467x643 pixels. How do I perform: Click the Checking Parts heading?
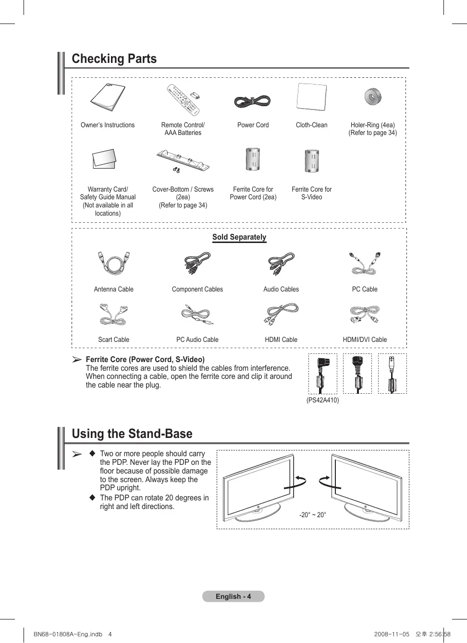pos(114,59)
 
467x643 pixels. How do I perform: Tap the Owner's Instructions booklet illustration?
pos(108,97)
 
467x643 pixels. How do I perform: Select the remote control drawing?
pos(183,100)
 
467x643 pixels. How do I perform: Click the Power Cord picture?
pos(253,101)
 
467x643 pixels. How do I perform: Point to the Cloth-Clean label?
pos(311,125)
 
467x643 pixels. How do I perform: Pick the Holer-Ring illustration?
pos(372,97)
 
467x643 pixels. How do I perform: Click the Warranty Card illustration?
pos(104,159)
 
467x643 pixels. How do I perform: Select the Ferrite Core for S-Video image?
pos(312,161)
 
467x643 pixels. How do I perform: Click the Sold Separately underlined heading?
pos(239,237)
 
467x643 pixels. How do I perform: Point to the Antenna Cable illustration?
pos(114,263)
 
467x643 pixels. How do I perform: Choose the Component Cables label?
pos(197,289)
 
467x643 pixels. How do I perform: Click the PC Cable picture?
pos(365,263)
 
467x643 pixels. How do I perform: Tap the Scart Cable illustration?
pos(114,315)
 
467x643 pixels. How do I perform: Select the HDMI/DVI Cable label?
pos(365,340)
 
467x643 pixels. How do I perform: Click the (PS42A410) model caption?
pos(322,400)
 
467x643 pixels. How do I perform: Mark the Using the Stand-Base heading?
pos(132,434)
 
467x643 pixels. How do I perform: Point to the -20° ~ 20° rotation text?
pos(313,515)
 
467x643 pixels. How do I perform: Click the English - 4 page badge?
pos(233,596)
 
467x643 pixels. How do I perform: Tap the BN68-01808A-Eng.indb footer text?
pos(68,634)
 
